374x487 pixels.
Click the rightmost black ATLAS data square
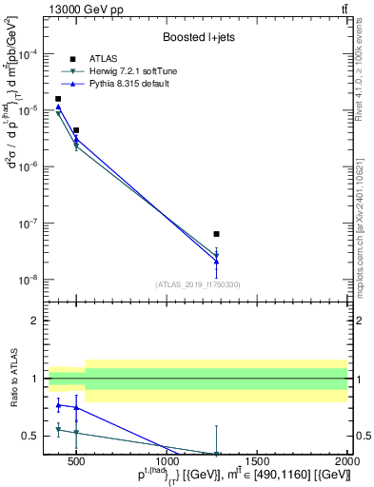point(217,234)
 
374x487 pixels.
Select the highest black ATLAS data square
point(58,99)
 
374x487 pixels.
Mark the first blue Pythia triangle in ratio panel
point(58,405)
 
